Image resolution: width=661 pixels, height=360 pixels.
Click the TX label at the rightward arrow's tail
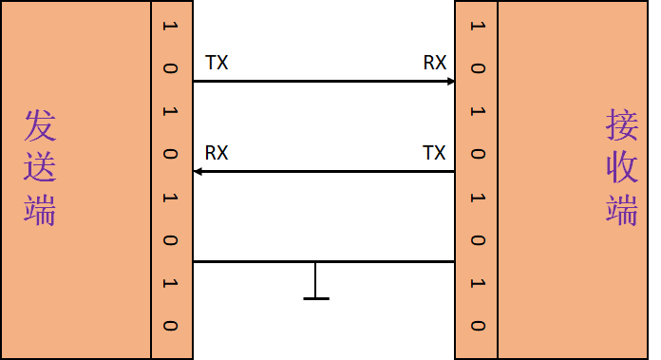tap(217, 64)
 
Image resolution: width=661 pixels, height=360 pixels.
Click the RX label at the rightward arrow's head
tap(435, 64)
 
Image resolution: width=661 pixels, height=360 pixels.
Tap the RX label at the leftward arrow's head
tap(217, 153)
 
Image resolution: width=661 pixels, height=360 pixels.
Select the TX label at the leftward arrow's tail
tap(434, 153)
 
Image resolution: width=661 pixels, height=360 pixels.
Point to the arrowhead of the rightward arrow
tap(451, 82)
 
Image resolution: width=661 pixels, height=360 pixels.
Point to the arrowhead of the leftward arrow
tap(198, 171)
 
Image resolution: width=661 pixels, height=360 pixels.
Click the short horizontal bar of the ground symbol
tap(315, 299)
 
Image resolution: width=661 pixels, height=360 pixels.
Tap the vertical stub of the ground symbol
tap(315, 280)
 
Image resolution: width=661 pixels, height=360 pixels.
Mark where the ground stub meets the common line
tap(315, 261)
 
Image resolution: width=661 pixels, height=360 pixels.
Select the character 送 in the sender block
tap(40, 167)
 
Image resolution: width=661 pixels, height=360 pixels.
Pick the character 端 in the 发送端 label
tap(40, 209)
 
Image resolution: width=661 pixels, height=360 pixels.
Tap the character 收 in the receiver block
tap(622, 167)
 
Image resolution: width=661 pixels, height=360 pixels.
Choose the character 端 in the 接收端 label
tap(622, 209)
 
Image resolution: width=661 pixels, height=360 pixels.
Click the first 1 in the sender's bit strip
tap(171, 26)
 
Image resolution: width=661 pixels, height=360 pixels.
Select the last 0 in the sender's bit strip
tap(171, 325)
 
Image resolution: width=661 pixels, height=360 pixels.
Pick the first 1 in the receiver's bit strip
tap(477, 26)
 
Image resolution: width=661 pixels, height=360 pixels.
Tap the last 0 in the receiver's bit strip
tap(477, 325)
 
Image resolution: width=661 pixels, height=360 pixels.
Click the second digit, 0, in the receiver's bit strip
tap(477, 68)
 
